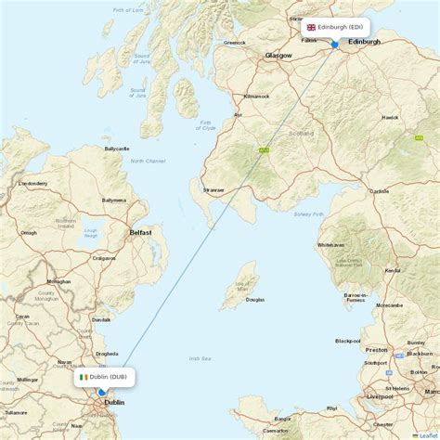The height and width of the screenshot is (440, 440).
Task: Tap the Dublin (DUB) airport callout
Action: pos(105,377)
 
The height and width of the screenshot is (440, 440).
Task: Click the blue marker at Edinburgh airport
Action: pos(335,44)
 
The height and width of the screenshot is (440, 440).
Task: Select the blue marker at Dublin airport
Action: pos(101,393)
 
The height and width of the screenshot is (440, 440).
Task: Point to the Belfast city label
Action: pos(141,233)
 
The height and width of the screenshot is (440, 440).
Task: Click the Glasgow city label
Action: pos(278,56)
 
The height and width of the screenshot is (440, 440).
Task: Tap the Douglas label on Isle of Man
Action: pos(253,300)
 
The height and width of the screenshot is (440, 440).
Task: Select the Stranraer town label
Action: pos(214,190)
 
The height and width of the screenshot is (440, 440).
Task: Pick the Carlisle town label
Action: pos(379,191)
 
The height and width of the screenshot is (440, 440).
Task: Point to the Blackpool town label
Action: pos(347,341)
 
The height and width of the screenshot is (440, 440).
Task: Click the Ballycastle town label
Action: pos(118,149)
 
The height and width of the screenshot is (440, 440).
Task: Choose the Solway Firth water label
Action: pos(310,214)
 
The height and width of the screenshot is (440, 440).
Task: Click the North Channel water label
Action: pos(148,162)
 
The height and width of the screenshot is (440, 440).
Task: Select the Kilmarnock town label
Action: pos(256,97)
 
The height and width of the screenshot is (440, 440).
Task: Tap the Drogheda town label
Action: pos(107,354)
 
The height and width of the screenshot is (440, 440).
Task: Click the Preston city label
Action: pos(376,350)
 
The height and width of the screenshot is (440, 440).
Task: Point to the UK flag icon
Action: pos(311,28)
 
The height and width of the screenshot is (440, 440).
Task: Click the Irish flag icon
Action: pos(84,377)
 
